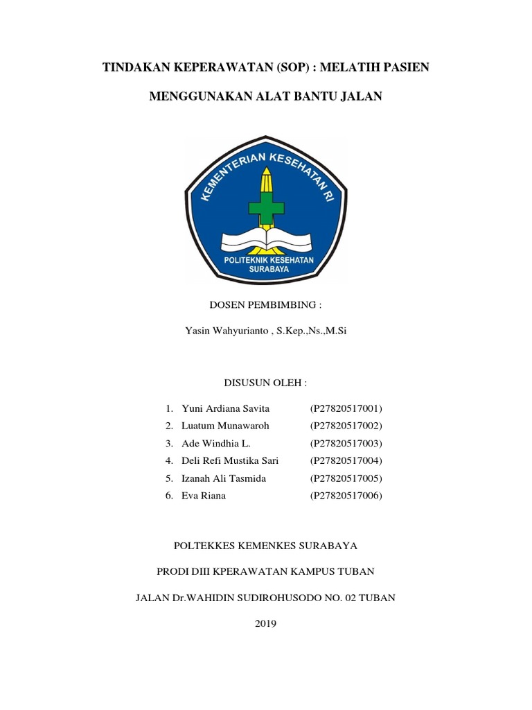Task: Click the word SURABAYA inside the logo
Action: pos(267,272)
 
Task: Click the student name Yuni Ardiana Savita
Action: pos(225,408)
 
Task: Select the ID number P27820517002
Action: pos(346,426)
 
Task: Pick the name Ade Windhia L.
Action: pos(211,443)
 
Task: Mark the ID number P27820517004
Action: pos(346,461)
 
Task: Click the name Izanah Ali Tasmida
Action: pos(224,478)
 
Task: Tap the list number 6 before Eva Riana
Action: pos(168,496)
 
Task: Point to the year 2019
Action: pos(266,624)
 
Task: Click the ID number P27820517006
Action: pos(346,496)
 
